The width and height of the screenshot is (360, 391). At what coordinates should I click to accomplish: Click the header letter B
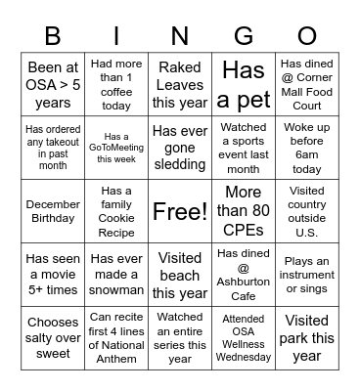coord(53,36)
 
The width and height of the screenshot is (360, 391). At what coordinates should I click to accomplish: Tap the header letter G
coord(244,36)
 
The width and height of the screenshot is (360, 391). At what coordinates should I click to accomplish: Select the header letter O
coord(307,36)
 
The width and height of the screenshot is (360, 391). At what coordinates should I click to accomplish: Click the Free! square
coord(180,211)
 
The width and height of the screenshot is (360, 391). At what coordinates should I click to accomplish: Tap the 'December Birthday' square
coord(53,211)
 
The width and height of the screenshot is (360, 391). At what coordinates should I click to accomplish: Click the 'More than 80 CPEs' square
coord(244,211)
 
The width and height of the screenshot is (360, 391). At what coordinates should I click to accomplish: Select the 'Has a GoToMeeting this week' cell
coord(116,148)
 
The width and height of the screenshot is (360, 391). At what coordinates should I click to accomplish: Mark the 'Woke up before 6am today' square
coord(307,148)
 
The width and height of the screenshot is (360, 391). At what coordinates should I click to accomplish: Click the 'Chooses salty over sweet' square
coord(53,337)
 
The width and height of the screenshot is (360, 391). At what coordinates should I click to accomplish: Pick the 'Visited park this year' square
coord(307,337)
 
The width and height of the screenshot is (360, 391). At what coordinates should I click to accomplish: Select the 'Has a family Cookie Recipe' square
coord(116,211)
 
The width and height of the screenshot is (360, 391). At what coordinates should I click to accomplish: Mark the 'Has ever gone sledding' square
coord(180,148)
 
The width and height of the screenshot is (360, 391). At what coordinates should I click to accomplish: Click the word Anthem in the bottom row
coord(116,361)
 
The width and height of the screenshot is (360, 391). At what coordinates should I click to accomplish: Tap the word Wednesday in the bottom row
coord(244,358)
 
